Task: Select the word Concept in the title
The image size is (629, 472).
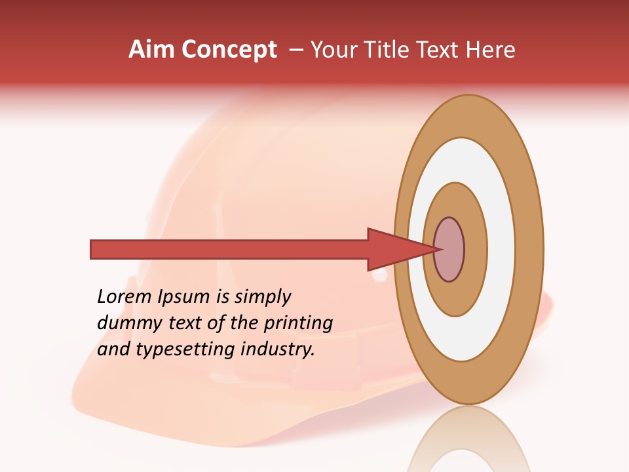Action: (229, 49)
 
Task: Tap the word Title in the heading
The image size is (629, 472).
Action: (391, 49)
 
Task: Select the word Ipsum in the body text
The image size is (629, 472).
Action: (185, 298)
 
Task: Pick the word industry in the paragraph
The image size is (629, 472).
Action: (278, 349)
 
